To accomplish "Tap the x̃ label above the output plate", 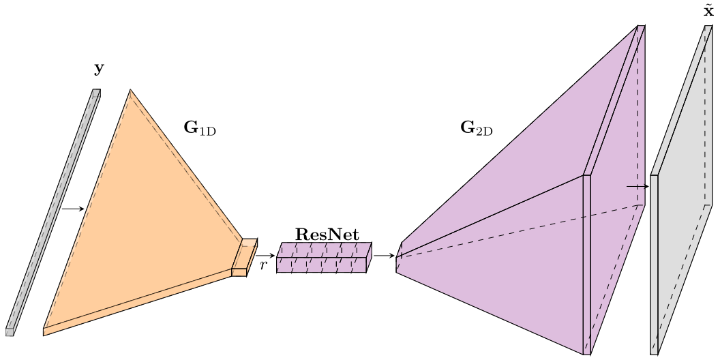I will click(x=708, y=12).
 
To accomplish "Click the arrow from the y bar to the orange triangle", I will click(x=72, y=209).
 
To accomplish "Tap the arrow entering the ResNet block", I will click(x=265, y=256).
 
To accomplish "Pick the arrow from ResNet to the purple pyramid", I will click(x=384, y=256).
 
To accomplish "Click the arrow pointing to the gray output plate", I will click(x=637, y=185).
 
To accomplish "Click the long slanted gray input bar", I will click(x=53, y=211).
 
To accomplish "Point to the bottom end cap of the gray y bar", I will click(x=10, y=332).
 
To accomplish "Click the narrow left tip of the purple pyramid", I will click(x=399, y=258).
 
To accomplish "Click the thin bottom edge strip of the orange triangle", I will click(x=136, y=303).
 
